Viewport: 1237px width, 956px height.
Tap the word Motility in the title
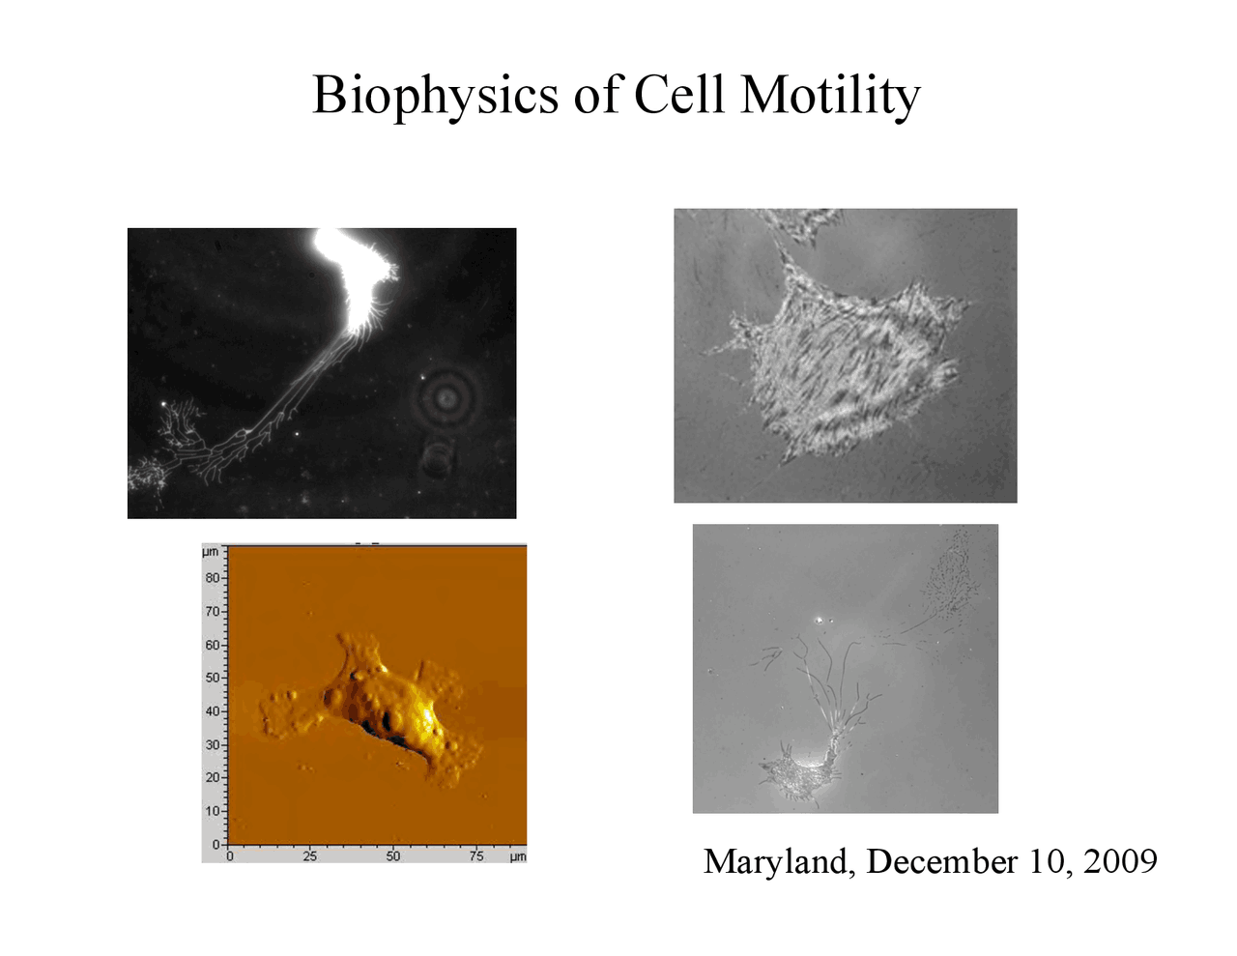pyautogui.click(x=830, y=96)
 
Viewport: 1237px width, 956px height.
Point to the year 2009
pyautogui.click(x=1120, y=860)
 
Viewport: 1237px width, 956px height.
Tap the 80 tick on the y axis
pyautogui.click(x=213, y=578)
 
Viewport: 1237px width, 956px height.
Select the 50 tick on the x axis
pyautogui.click(x=393, y=856)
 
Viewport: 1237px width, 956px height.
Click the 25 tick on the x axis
pyautogui.click(x=310, y=856)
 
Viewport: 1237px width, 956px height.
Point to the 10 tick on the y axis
pyautogui.click(x=213, y=810)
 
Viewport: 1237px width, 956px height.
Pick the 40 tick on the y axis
pyautogui.click(x=213, y=710)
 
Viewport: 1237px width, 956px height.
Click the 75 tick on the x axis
pyautogui.click(x=476, y=856)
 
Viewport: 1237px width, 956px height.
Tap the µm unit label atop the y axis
pyautogui.click(x=211, y=552)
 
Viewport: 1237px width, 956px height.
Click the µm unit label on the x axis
pyautogui.click(x=518, y=856)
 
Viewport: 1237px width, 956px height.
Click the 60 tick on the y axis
pyautogui.click(x=213, y=645)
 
